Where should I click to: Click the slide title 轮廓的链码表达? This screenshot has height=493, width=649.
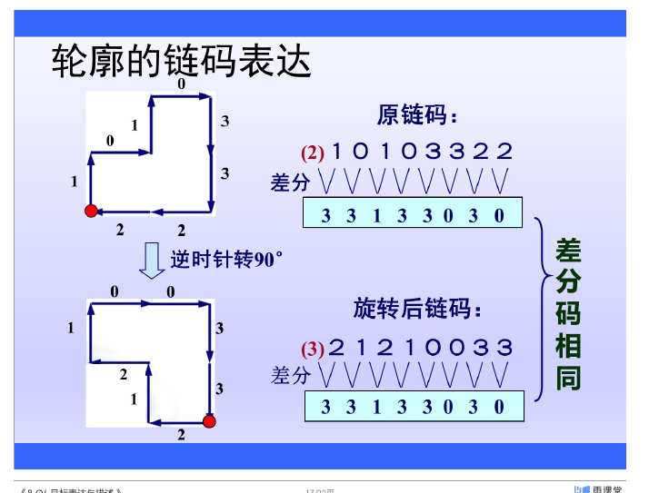(182, 62)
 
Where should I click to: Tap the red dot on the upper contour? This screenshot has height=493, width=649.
(90, 212)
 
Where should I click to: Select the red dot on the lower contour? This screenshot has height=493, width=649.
(209, 421)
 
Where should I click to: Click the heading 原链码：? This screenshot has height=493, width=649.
(417, 115)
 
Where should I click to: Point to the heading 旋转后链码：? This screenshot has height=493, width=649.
(417, 310)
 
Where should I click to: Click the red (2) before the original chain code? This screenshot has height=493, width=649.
(313, 153)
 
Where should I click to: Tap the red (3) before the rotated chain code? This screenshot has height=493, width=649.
(313, 349)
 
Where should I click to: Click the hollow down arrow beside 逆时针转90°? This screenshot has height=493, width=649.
(151, 260)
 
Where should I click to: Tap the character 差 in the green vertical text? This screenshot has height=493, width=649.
(568, 250)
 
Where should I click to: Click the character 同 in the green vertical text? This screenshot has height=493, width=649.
(568, 379)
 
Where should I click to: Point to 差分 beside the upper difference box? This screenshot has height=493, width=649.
(290, 182)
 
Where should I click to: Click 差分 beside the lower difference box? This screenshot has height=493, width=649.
(290, 375)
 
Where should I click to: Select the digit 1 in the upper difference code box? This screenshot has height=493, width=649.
(376, 215)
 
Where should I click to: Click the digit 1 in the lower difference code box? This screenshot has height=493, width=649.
(376, 408)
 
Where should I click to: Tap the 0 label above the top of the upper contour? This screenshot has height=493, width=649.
(181, 84)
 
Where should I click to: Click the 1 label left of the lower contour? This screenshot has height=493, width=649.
(70, 328)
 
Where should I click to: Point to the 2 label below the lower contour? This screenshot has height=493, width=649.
(181, 436)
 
